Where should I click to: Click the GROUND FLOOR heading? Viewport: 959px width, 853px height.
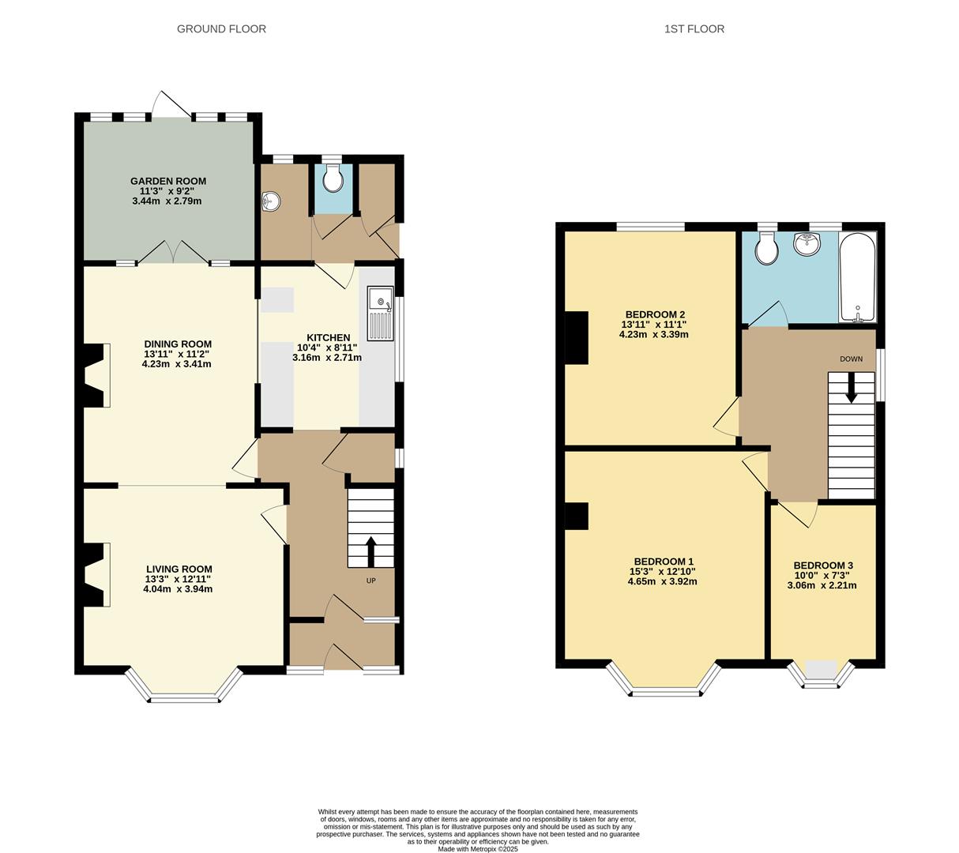tap(221, 29)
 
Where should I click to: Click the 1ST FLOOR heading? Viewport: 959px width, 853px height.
tap(694, 29)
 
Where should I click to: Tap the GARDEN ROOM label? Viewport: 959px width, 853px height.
tap(167, 181)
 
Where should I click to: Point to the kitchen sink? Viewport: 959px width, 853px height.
tap(380, 313)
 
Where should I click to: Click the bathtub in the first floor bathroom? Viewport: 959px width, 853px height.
tap(857, 278)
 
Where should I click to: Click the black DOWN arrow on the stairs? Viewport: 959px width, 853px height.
tap(851, 387)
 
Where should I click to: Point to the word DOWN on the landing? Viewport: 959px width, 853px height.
tap(851, 359)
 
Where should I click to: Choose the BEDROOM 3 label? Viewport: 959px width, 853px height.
tap(822, 566)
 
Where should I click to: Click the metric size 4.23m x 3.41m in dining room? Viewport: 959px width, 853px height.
tap(177, 364)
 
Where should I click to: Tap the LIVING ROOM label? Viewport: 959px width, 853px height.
tap(179, 569)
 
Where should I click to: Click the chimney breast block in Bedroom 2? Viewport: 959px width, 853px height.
tap(577, 337)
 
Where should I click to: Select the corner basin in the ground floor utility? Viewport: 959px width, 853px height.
tap(269, 202)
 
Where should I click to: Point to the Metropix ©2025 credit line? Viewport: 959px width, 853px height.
tap(478, 849)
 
